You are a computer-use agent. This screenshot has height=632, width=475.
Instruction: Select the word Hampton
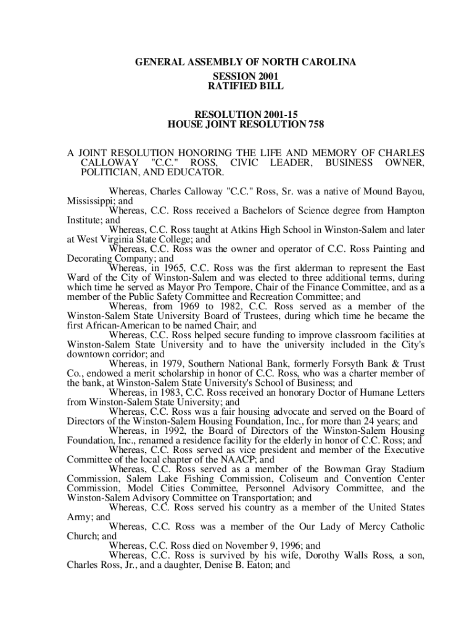tap(407, 210)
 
